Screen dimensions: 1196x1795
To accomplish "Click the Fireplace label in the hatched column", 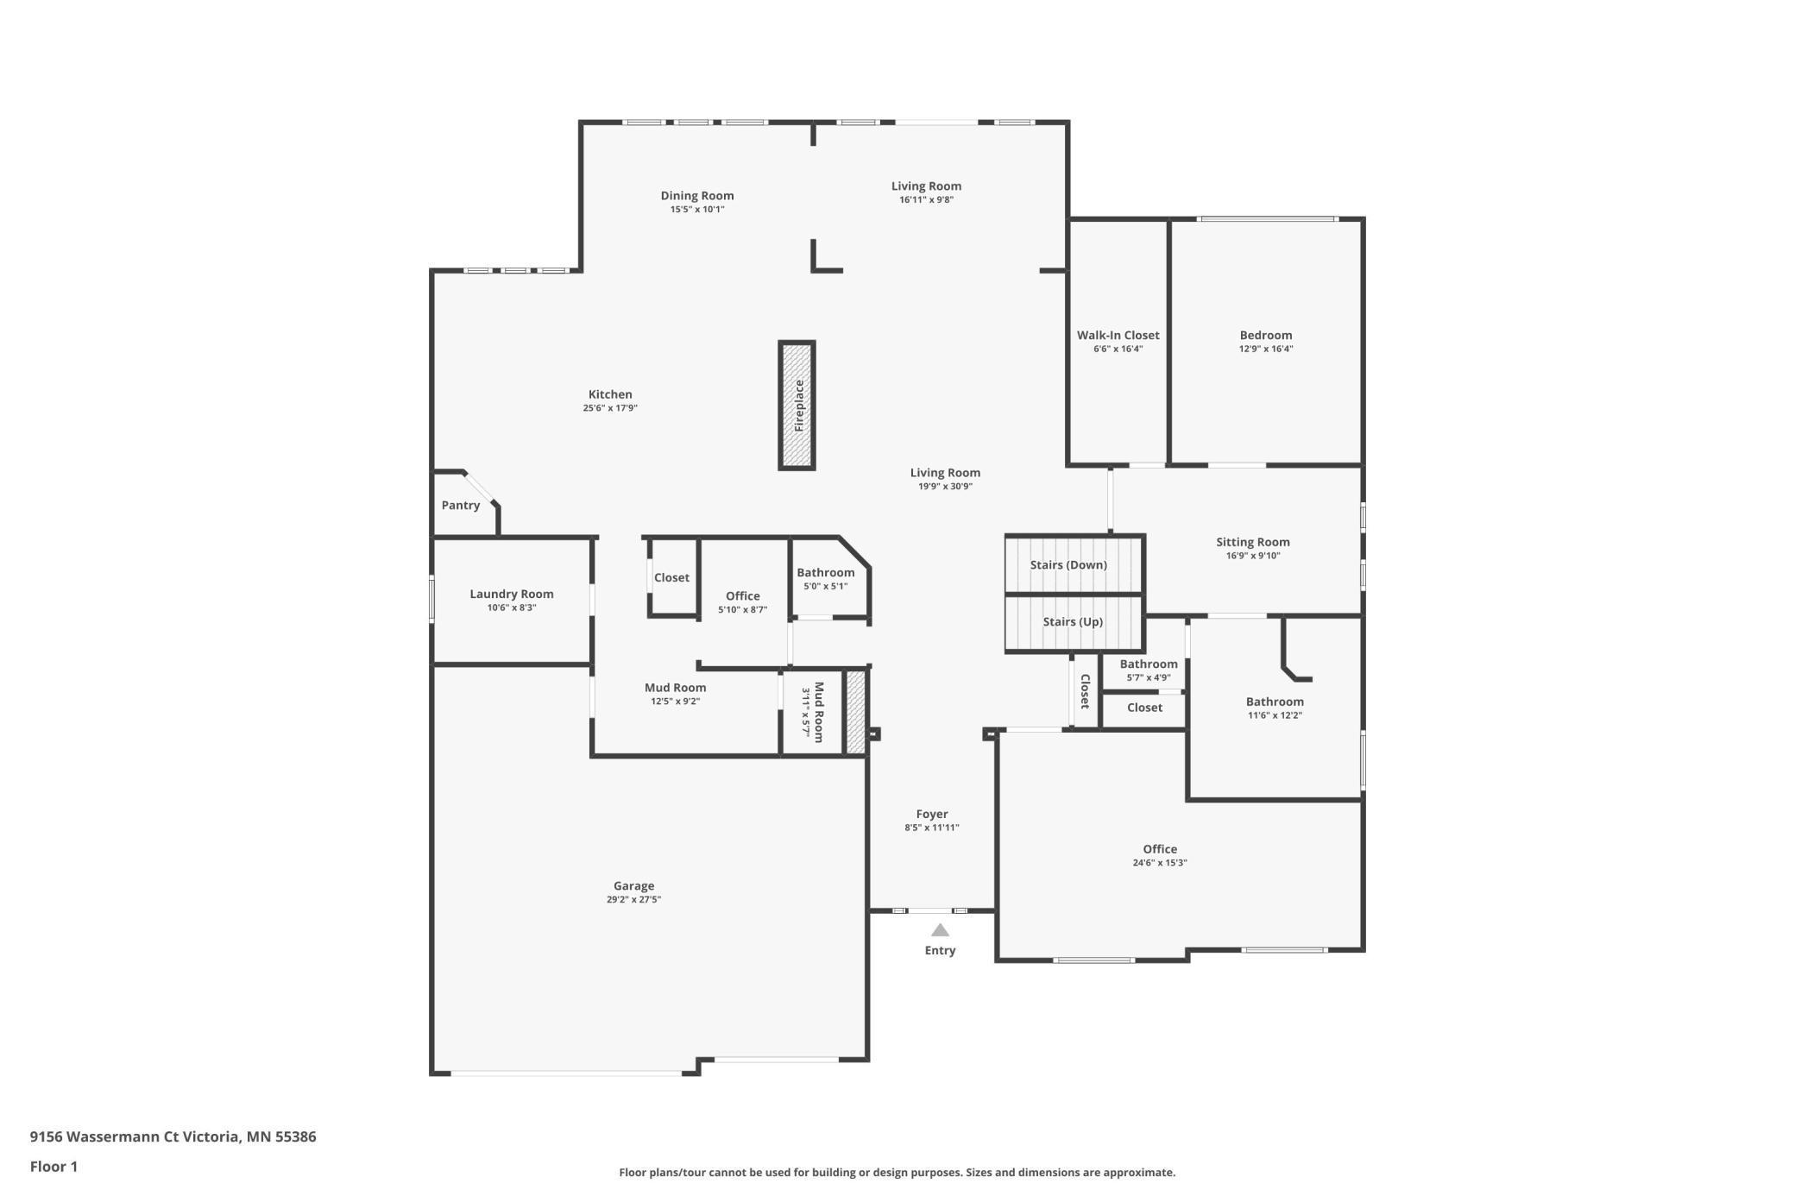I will pyautogui.click(x=799, y=406).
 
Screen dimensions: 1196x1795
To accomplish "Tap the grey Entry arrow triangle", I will pyautogui.click(x=940, y=930).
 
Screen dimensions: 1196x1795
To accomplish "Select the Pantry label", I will pyautogui.click(x=460, y=506).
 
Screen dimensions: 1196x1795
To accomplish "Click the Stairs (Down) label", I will pyautogui.click(x=1068, y=565).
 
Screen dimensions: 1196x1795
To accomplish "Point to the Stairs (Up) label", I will pyautogui.click(x=1073, y=622).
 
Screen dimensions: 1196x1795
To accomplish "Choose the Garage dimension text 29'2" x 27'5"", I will pyautogui.click(x=633, y=899).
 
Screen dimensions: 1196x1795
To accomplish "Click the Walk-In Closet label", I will pyautogui.click(x=1118, y=336).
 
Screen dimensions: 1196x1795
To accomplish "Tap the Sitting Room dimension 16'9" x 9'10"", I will pyautogui.click(x=1252, y=556).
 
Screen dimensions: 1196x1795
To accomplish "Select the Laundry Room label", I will pyautogui.click(x=511, y=594).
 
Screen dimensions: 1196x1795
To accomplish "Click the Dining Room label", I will pyautogui.click(x=696, y=196).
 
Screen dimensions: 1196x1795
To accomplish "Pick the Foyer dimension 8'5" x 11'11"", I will pyautogui.click(x=931, y=828).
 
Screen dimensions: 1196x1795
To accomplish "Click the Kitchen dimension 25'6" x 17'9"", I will pyautogui.click(x=609, y=408).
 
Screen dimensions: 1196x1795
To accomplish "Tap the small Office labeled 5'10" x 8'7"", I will pyautogui.click(x=742, y=596).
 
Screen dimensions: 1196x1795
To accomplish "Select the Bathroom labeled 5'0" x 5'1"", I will pyautogui.click(x=825, y=573).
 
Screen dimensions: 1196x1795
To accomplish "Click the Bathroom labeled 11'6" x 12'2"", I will pyautogui.click(x=1274, y=702).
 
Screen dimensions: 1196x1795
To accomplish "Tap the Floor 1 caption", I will pyautogui.click(x=54, y=1167).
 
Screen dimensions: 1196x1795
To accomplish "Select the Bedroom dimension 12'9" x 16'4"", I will pyautogui.click(x=1265, y=349).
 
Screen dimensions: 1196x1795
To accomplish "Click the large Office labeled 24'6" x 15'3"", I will pyautogui.click(x=1159, y=849).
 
